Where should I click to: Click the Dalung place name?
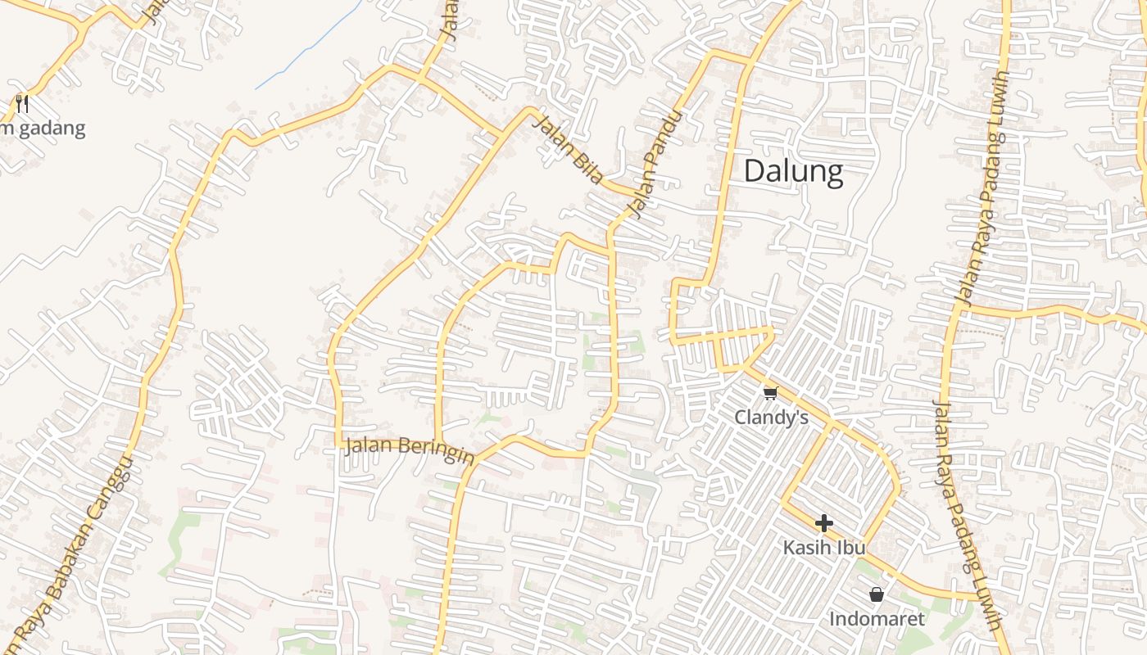coord(793,172)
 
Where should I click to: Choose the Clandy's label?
coord(771,418)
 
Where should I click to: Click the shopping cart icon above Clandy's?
coord(770,394)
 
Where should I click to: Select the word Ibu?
coord(851,547)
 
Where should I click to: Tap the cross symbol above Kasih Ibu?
coord(824,523)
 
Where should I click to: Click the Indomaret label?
coord(877,619)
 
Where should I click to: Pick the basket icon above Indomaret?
coord(877,594)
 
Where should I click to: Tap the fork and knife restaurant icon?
coord(22,104)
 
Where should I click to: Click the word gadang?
coord(52,129)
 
